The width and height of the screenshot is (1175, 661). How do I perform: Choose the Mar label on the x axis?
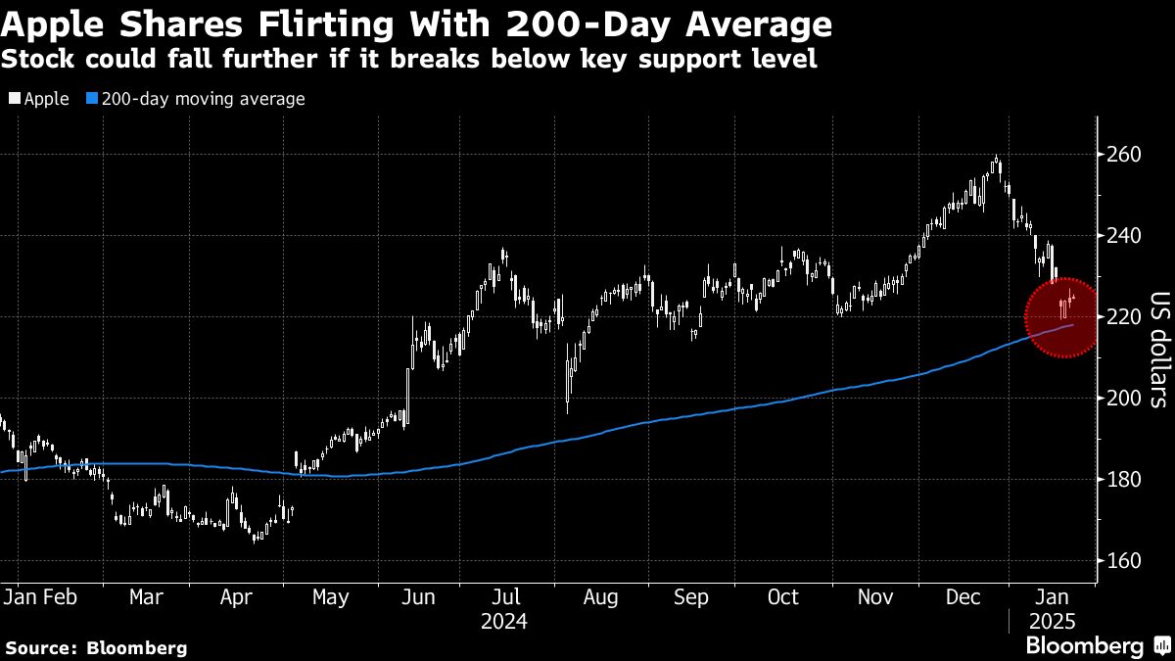point(146,597)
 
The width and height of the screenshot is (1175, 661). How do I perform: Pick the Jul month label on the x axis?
point(505,597)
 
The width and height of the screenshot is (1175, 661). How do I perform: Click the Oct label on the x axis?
point(782,597)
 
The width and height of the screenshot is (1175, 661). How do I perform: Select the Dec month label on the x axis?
point(964,597)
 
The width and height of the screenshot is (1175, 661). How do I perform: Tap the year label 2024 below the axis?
point(505,622)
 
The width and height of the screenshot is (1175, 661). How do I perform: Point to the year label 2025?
point(1053,622)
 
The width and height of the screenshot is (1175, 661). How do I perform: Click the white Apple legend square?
point(14,99)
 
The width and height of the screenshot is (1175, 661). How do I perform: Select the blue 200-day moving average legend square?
point(92,99)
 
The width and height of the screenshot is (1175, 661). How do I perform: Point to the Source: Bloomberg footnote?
point(96,647)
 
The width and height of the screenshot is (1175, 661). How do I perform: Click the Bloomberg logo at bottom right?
point(1097,646)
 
